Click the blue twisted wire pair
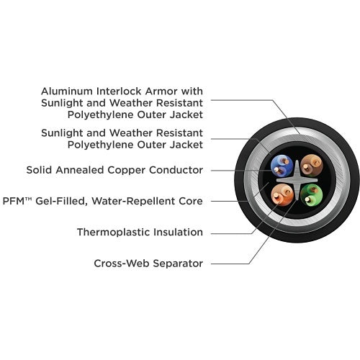[x=282, y=166]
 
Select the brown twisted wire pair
[x=312, y=166]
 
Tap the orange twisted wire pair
[x=282, y=195]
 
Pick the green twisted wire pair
[x=312, y=195]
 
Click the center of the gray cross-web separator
[x=297, y=180]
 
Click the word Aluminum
[x=67, y=91]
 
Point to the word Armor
[x=161, y=91]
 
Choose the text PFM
[x=14, y=201]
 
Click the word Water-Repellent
[x=133, y=202]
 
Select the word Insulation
[x=178, y=232]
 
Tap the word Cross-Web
[x=122, y=264]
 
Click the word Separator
[x=178, y=264]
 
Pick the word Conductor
[x=176, y=170]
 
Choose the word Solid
[x=40, y=170]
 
